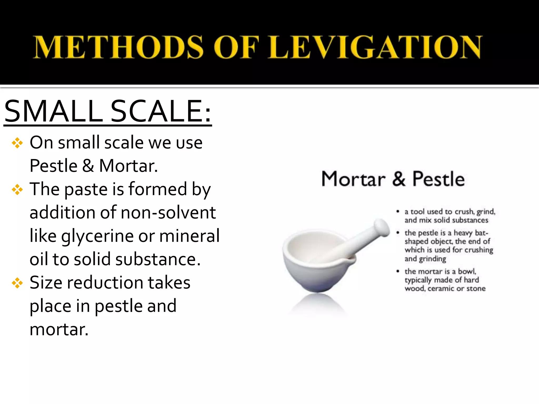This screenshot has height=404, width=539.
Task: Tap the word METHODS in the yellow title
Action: (x=118, y=47)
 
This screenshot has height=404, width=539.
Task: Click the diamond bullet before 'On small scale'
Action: (x=17, y=143)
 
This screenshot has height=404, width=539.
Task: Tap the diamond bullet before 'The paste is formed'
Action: (x=17, y=190)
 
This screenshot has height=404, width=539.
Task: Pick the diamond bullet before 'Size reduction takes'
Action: (x=17, y=283)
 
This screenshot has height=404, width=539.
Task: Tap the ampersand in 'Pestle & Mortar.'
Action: (x=88, y=166)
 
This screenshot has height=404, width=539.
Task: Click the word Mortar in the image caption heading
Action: (x=353, y=179)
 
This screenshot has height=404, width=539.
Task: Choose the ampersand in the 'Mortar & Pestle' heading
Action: (x=398, y=179)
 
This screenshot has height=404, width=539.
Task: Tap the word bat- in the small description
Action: (x=481, y=233)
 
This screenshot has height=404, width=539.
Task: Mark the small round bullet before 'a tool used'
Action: (x=398, y=211)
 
